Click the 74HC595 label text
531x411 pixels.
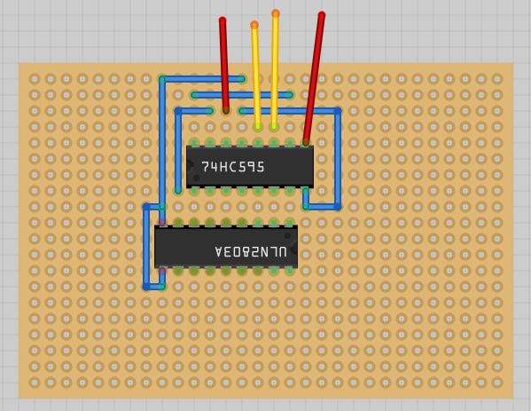click(x=232, y=167)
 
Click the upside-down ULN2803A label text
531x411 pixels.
click(x=251, y=251)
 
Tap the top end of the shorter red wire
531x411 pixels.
click(x=223, y=20)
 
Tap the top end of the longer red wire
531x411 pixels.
click(x=322, y=15)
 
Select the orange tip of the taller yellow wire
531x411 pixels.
click(x=276, y=13)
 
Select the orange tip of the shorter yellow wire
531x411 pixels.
click(x=254, y=25)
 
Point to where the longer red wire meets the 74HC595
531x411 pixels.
click(x=306, y=142)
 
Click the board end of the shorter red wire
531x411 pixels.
click(x=226, y=111)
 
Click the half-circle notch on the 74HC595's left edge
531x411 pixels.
click(x=190, y=167)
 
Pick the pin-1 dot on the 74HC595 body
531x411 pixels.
click(x=197, y=178)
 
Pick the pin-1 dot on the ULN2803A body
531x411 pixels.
click(x=287, y=235)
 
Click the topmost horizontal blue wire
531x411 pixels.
click(x=202, y=79)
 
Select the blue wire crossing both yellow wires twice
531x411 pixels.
click(x=242, y=95)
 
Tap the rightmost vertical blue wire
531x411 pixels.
click(x=338, y=159)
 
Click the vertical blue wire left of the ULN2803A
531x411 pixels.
click(x=146, y=247)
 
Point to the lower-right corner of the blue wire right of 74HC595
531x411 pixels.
click(x=338, y=207)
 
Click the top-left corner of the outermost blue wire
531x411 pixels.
click(x=162, y=79)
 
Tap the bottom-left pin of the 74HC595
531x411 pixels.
click(x=194, y=191)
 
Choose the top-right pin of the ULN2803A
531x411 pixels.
click(x=290, y=223)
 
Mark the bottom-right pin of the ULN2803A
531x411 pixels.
click(x=290, y=271)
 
